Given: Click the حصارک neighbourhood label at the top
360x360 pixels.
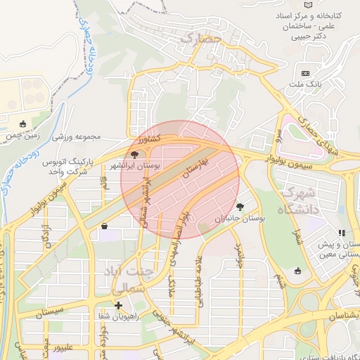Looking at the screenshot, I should pos(200,39).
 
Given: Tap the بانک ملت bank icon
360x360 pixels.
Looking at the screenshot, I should pos(305,73).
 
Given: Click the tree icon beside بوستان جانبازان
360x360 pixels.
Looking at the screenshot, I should pos(240,207).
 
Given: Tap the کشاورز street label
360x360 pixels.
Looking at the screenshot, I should pos(148,139).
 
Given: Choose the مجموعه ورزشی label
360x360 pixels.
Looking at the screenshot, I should pos(78,136).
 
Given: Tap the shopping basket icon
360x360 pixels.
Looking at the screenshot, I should pos(105,226).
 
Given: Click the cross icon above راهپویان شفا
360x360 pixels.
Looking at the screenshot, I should pos(118,305).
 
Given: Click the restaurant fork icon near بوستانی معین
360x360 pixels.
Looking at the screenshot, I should pos(341,232).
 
